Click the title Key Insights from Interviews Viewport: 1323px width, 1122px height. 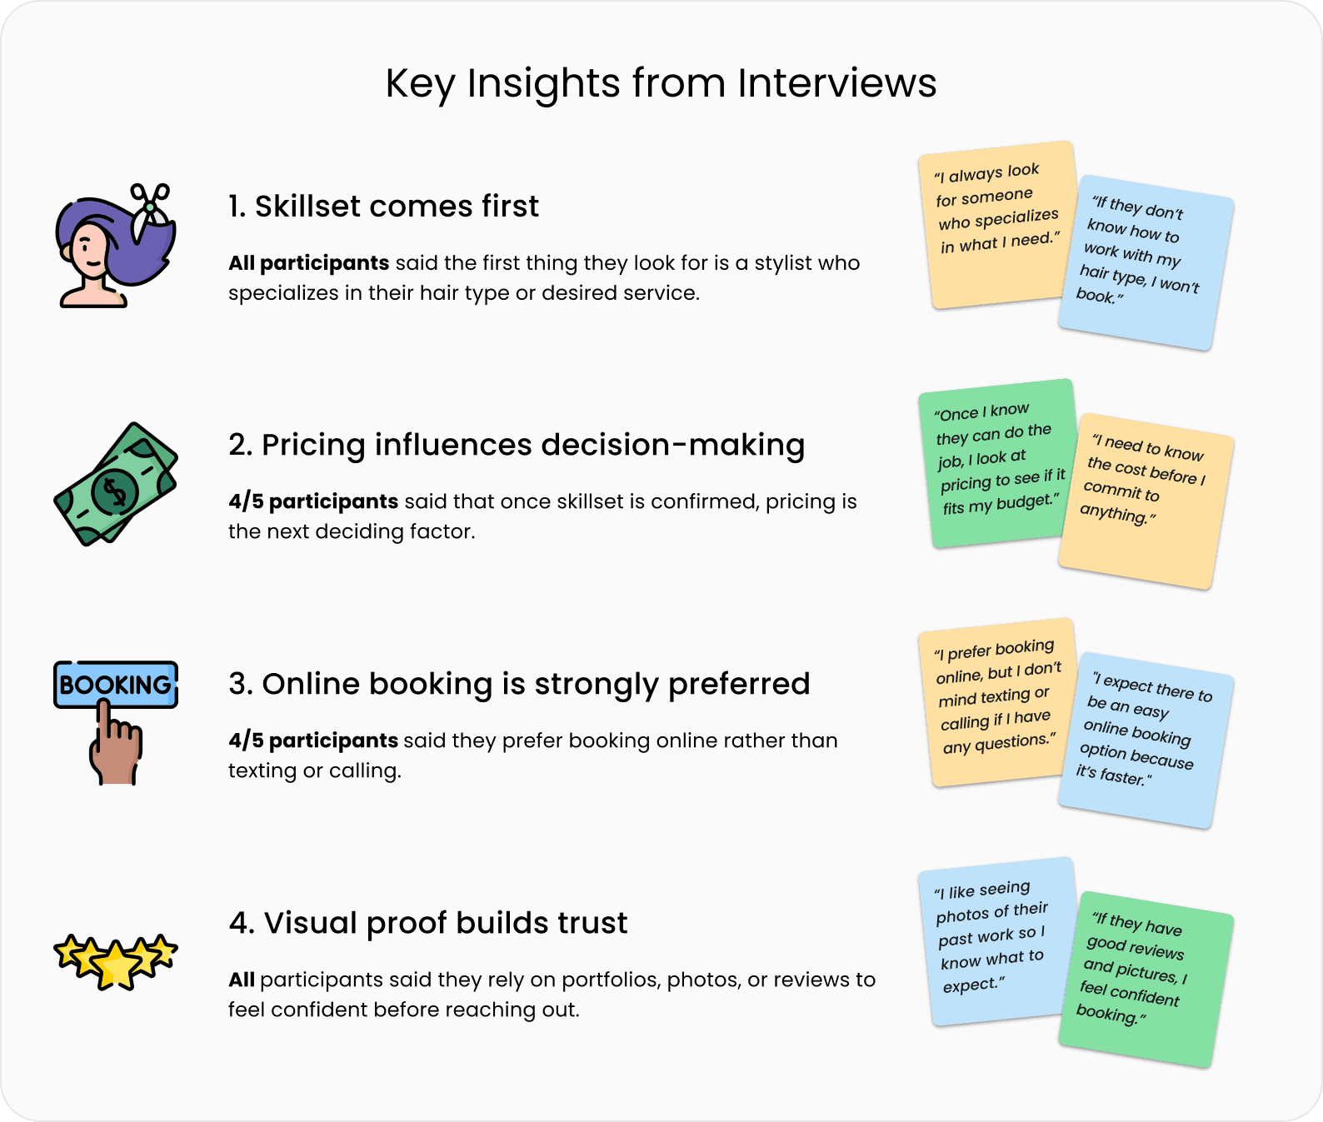click(661, 83)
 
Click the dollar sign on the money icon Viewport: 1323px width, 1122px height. click(115, 490)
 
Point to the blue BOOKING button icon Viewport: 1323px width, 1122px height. click(115, 685)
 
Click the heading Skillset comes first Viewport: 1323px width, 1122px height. click(383, 207)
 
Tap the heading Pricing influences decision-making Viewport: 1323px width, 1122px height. click(517, 445)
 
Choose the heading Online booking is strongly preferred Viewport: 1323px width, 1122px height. click(519, 684)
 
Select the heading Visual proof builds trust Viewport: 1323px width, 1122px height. click(428, 923)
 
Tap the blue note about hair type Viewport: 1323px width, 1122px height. click(1146, 262)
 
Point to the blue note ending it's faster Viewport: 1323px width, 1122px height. click(1146, 740)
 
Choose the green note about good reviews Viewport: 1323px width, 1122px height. click(1146, 979)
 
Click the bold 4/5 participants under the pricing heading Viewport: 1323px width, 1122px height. click(313, 501)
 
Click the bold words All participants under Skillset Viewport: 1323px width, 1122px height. click(308, 263)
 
